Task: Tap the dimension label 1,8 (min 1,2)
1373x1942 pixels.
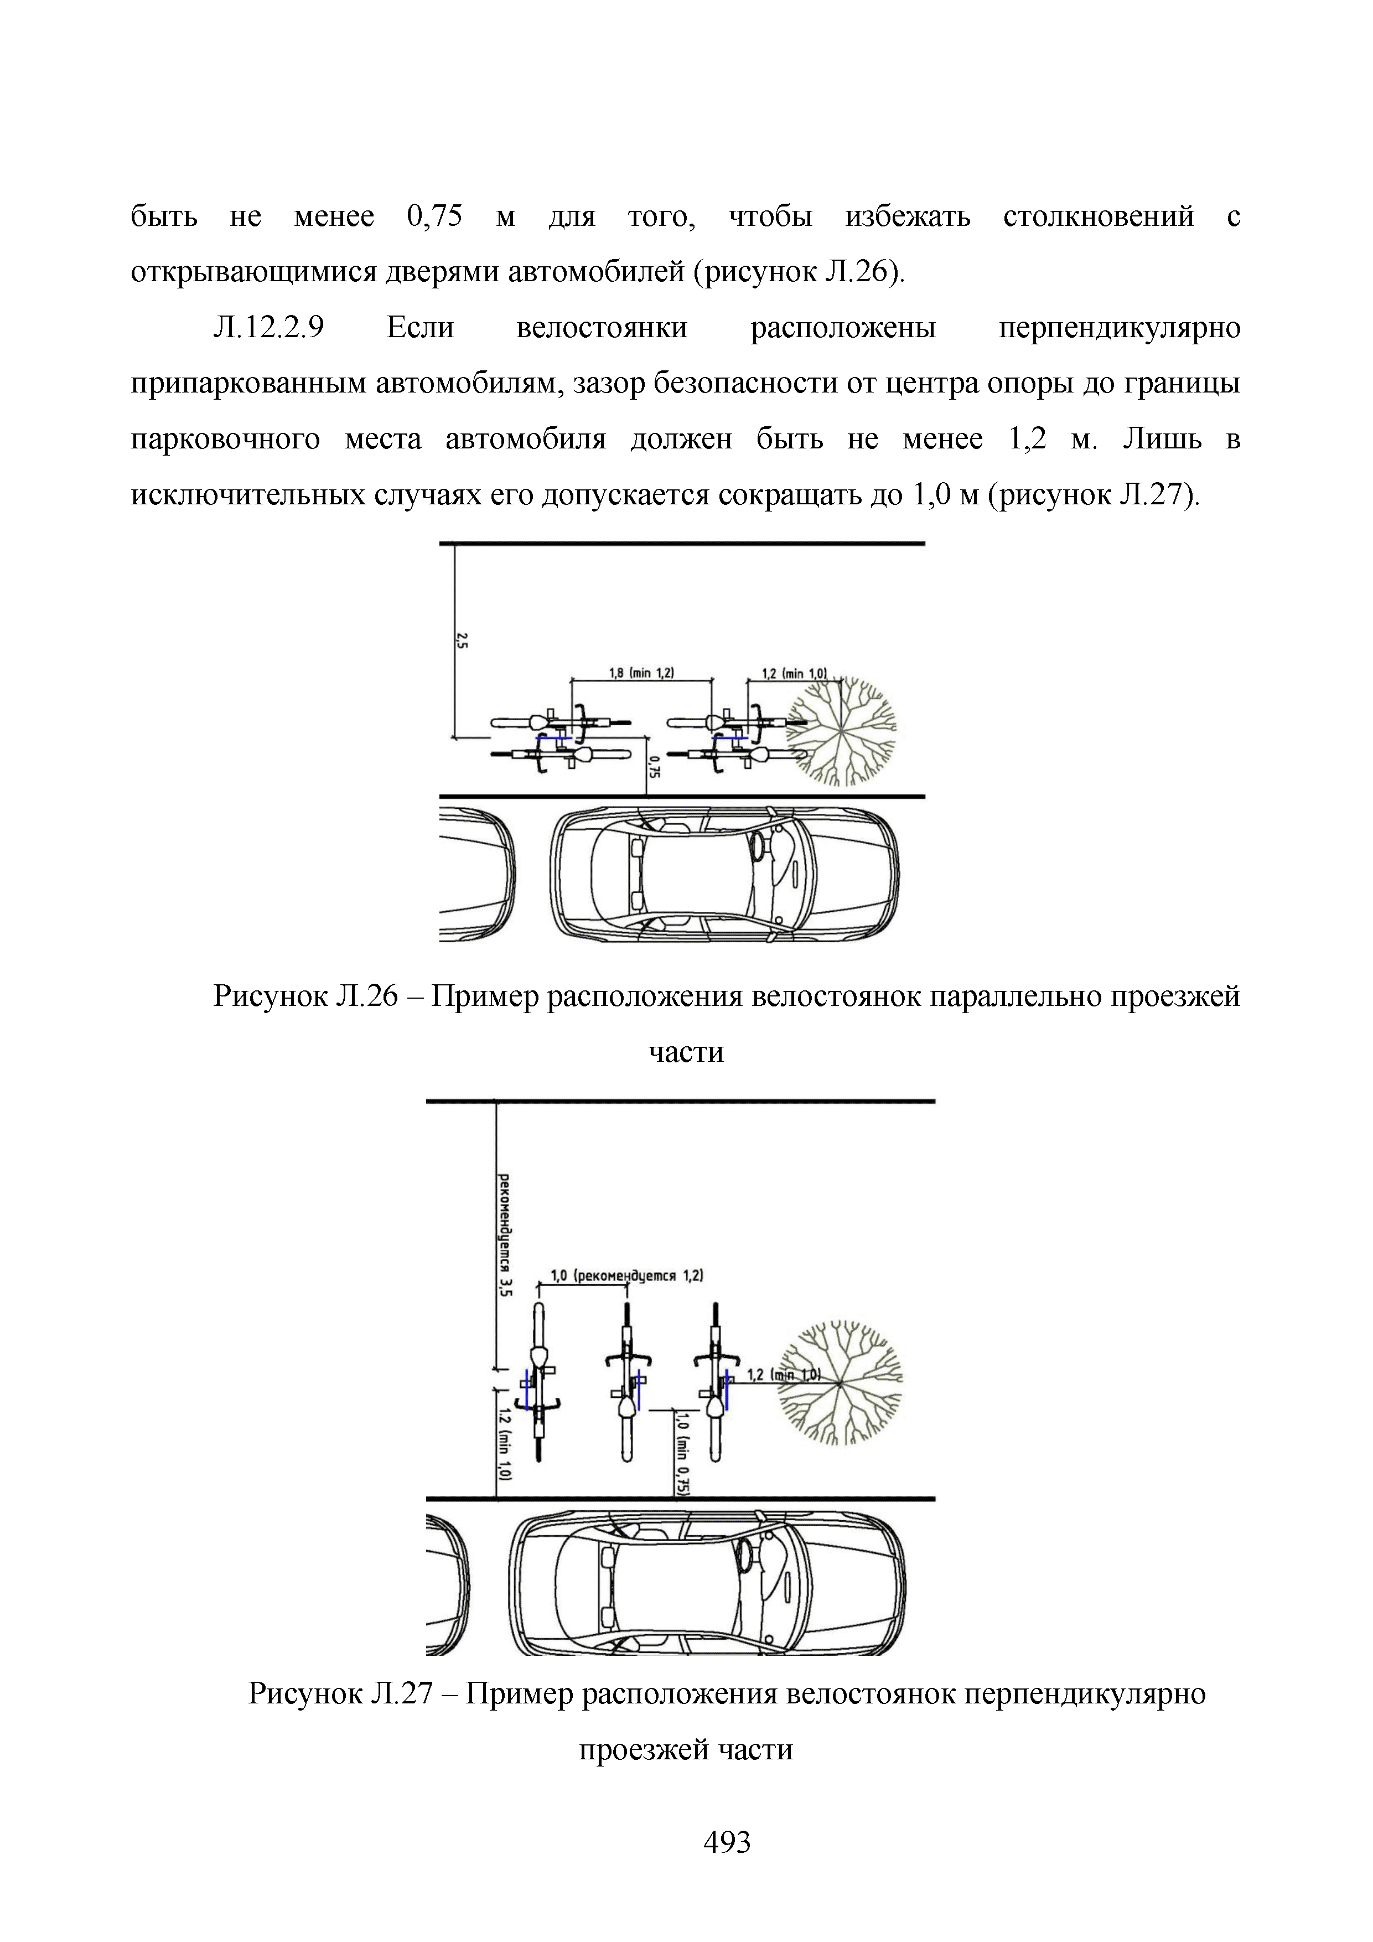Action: tap(642, 673)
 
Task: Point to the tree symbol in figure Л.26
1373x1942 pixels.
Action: tap(841, 731)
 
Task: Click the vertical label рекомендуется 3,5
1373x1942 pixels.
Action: tap(505, 1235)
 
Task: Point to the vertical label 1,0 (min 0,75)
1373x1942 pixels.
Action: tap(683, 1454)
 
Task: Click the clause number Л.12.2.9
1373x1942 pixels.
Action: tap(269, 327)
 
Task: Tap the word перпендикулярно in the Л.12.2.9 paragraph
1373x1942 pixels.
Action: tap(1120, 327)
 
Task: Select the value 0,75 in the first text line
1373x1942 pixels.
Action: tap(434, 216)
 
